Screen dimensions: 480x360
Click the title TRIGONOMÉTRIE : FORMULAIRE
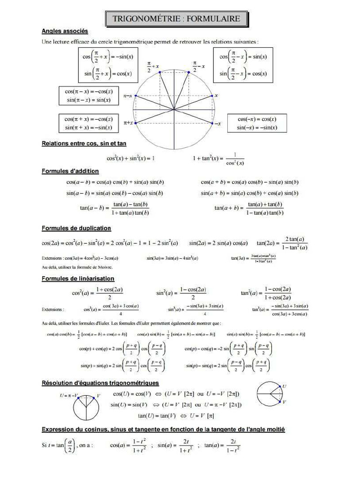pyautogui.click(x=176, y=19)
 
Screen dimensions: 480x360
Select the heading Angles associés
pyautogui.click(x=65, y=31)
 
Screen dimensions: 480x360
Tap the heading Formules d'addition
pyautogui.click(x=70, y=171)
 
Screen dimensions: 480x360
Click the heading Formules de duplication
pyautogui.click(x=76, y=228)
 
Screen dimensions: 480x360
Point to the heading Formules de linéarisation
pyautogui.click(x=78, y=279)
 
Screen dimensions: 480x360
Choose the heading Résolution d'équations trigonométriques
pyautogui.click(x=100, y=383)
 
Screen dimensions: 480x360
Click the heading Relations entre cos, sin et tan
pyautogui.click(x=84, y=143)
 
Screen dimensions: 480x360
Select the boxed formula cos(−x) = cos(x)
pyautogui.click(x=256, y=119)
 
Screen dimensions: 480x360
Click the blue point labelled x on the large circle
pyautogui.click(x=212, y=96)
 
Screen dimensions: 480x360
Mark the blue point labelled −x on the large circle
pyautogui.click(x=212, y=124)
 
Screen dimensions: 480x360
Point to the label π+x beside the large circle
pyautogui.click(x=128, y=123)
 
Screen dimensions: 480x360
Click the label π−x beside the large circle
pyautogui.click(x=127, y=96)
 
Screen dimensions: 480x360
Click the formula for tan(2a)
pyautogui.click(x=282, y=243)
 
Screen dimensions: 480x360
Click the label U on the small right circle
pyautogui.click(x=284, y=386)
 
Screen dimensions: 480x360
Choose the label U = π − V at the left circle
pyautogui.click(x=69, y=395)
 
